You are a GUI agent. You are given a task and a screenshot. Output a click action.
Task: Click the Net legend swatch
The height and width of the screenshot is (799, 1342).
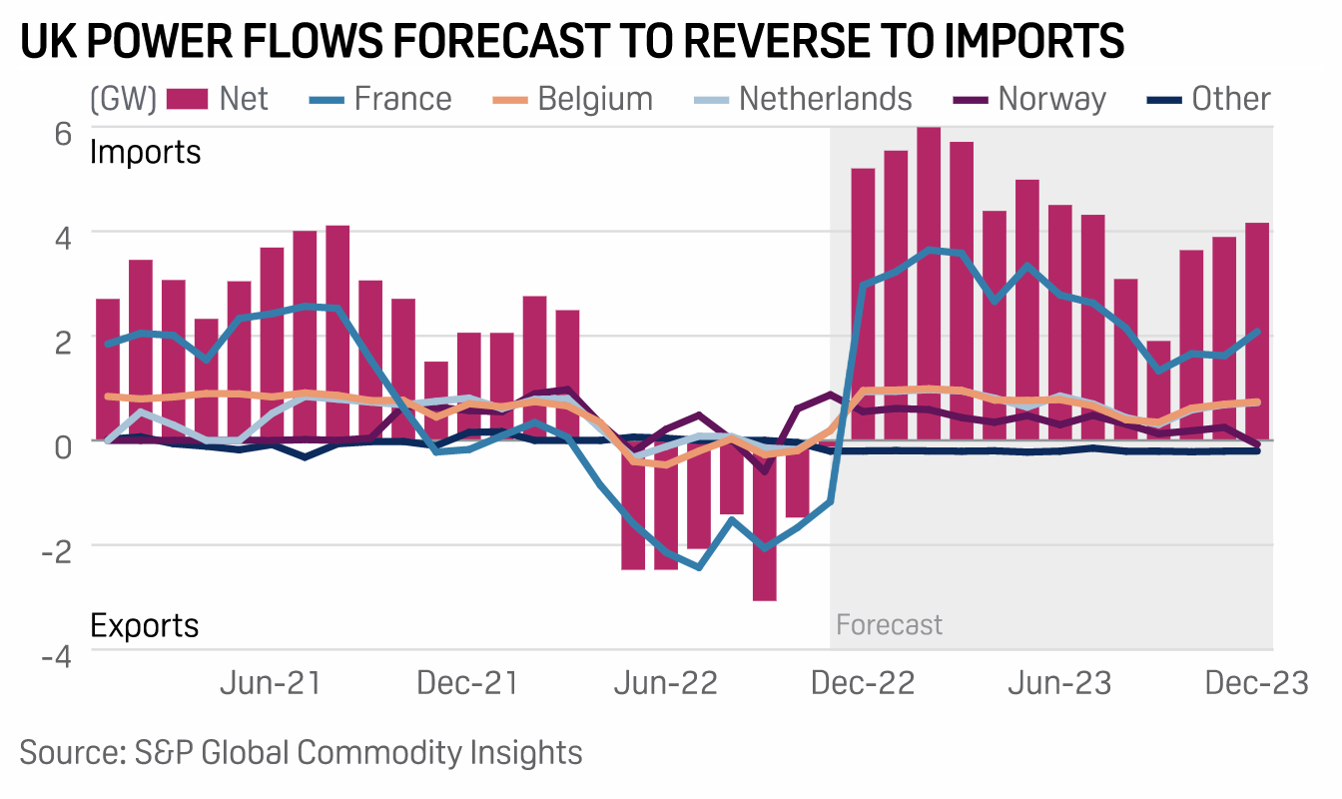(187, 99)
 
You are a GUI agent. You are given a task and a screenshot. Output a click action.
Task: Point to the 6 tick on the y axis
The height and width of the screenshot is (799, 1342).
(62, 134)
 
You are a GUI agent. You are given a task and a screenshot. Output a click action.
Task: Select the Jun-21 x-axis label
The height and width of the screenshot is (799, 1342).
(270, 684)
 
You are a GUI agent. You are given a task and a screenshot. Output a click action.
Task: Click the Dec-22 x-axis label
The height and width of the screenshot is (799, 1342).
(863, 684)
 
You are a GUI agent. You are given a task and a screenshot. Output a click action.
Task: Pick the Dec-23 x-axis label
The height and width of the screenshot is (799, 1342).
(1255, 684)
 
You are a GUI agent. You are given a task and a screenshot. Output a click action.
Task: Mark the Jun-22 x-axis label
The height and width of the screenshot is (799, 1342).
(666, 684)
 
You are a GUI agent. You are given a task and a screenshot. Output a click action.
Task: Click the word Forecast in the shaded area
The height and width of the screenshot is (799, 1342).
(889, 625)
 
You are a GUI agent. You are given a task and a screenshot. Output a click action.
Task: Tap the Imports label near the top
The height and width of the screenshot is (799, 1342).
(146, 153)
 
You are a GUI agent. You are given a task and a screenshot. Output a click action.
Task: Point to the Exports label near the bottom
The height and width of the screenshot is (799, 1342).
(145, 625)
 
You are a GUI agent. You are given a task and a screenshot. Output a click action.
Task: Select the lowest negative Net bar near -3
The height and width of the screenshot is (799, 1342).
(765, 519)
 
